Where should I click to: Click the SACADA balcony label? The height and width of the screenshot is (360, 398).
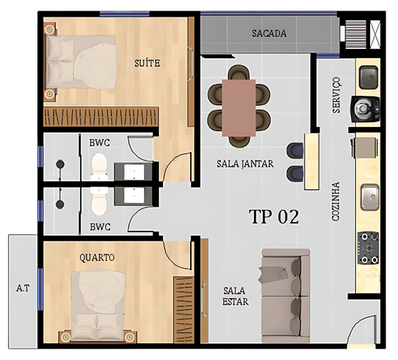pyautogui.click(x=269, y=33)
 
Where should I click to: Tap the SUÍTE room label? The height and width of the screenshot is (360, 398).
pyautogui.click(x=147, y=63)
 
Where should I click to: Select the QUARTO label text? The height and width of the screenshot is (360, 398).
pyautogui.click(x=97, y=257)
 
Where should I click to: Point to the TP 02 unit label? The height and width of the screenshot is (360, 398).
pyautogui.click(x=274, y=217)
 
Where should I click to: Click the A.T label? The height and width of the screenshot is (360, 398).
pyautogui.click(x=23, y=288)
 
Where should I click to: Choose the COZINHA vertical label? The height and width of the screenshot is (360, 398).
pyautogui.click(x=335, y=202)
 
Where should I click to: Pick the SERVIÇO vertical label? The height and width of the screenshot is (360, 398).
pyautogui.click(x=336, y=95)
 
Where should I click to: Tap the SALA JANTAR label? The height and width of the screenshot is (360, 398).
pyautogui.click(x=245, y=164)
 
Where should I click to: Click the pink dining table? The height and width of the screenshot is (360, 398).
pyautogui.click(x=239, y=108)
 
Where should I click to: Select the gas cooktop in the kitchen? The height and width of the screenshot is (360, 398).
pyautogui.click(x=369, y=248)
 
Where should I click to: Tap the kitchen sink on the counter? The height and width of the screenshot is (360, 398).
pyautogui.click(x=370, y=197)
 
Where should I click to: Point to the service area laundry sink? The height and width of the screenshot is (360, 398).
pyautogui.click(x=369, y=77)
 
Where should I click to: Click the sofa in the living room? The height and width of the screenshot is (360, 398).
pyautogui.click(x=286, y=296)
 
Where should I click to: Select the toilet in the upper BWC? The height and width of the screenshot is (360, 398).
pyautogui.click(x=99, y=167)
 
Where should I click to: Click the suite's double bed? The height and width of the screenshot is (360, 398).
pyautogui.click(x=81, y=63)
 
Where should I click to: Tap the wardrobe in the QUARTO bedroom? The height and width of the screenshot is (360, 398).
pyautogui.click(x=184, y=310)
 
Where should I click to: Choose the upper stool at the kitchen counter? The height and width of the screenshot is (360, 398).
pyautogui.click(x=295, y=150)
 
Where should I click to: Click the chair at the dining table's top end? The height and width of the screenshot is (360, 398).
pyautogui.click(x=239, y=72)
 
